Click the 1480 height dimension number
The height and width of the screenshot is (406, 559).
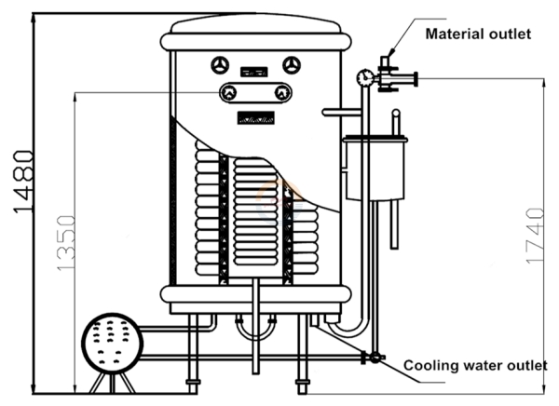coord(25,182)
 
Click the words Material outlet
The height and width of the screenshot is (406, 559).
coord(478,34)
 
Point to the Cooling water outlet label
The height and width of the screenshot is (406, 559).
coord(475,364)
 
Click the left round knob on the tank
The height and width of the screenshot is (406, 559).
coord(220,65)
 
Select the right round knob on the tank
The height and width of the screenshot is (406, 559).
coord(293,65)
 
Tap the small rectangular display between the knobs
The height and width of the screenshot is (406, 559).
coord(254,68)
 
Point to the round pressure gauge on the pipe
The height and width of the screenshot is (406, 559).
coord(365,77)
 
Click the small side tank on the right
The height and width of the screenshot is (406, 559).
coord(375,169)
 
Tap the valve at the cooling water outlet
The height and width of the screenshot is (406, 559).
coord(375,358)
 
